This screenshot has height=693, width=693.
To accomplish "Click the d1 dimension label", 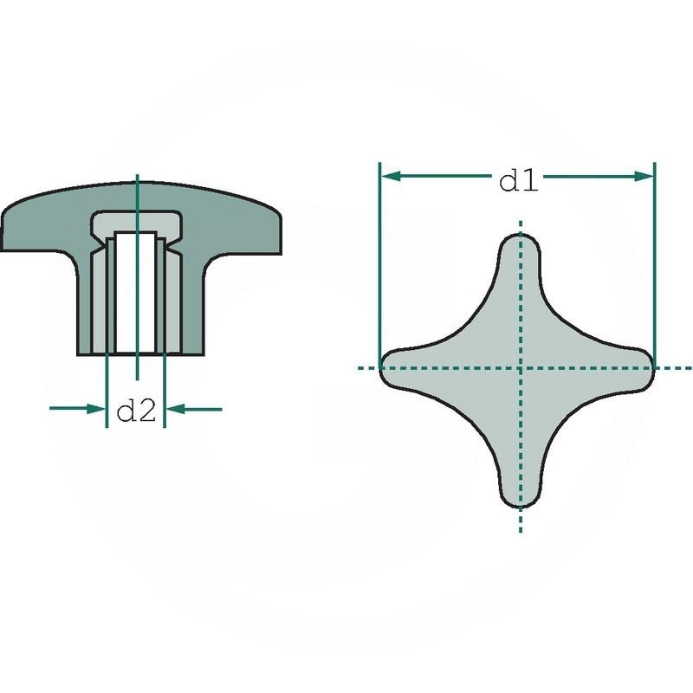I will pos(519,181).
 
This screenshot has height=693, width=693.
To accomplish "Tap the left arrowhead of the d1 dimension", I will pos(389,176).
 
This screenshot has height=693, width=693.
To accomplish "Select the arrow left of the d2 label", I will pos(94,408).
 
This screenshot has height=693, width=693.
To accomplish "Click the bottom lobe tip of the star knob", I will pos(520,505).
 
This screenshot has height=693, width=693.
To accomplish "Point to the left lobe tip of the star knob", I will pos(384,367).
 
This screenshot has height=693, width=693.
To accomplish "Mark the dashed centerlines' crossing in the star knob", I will pos(520,367).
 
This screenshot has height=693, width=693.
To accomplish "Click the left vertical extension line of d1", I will pos(380,260).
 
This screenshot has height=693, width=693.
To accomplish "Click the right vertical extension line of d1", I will pos(654,260).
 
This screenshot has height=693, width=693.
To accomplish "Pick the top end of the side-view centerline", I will pos(139,177).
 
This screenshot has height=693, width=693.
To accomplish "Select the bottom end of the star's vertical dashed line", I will pos(520,530).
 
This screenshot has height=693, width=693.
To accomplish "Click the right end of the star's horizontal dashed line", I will pos(689,367).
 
